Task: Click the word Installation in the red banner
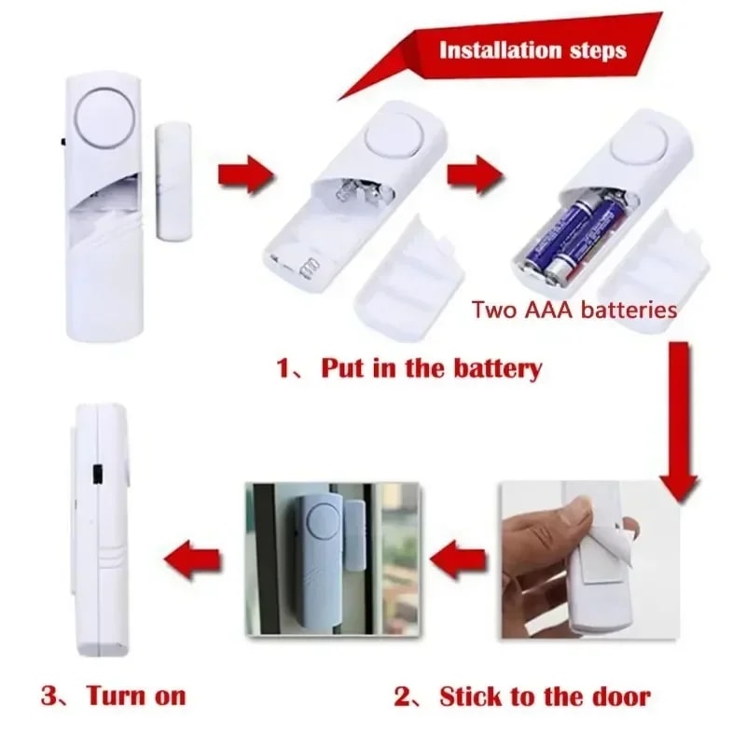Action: click(x=499, y=48)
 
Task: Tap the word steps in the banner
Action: click(x=594, y=48)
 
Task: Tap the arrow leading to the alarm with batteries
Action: click(x=476, y=174)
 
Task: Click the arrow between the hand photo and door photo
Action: click(x=461, y=559)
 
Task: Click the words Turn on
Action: click(x=135, y=695)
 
